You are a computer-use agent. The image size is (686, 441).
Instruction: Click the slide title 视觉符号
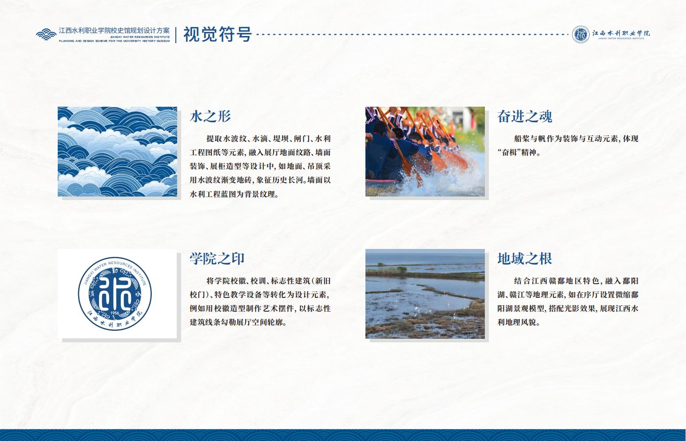[x=218, y=34]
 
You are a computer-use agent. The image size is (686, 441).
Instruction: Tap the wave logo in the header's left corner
[x=46, y=34]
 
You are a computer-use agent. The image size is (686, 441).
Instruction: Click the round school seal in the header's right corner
[x=581, y=34]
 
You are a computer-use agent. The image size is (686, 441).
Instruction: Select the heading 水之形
[x=210, y=116]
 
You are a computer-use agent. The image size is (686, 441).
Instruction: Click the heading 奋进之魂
[x=525, y=116]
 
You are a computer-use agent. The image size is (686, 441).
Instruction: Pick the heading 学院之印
[x=217, y=259]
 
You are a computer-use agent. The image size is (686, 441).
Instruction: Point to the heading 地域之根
[x=525, y=259]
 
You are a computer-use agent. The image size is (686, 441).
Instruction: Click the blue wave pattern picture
[x=117, y=152]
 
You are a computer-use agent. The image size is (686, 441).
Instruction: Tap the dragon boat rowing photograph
[x=425, y=152]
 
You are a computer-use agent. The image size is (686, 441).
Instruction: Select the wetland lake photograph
[x=425, y=294]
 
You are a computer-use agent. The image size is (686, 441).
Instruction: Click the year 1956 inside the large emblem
[x=115, y=313]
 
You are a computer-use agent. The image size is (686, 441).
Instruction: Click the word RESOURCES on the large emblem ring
[x=120, y=264]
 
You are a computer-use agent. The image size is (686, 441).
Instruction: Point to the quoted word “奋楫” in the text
[x=511, y=152]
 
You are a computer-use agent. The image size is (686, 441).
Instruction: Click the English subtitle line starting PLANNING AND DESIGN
[x=114, y=41]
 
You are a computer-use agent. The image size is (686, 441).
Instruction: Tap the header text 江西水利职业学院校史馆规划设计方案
[x=114, y=31]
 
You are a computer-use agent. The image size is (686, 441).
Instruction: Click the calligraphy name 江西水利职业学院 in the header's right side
[x=621, y=33]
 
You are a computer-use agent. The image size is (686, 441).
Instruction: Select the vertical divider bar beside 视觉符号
[x=176, y=35]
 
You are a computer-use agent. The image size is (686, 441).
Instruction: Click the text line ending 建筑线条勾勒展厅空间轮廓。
[x=238, y=322]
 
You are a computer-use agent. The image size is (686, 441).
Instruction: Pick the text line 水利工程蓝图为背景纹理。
[x=234, y=194]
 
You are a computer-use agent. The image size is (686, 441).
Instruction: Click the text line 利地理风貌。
[x=519, y=322]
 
